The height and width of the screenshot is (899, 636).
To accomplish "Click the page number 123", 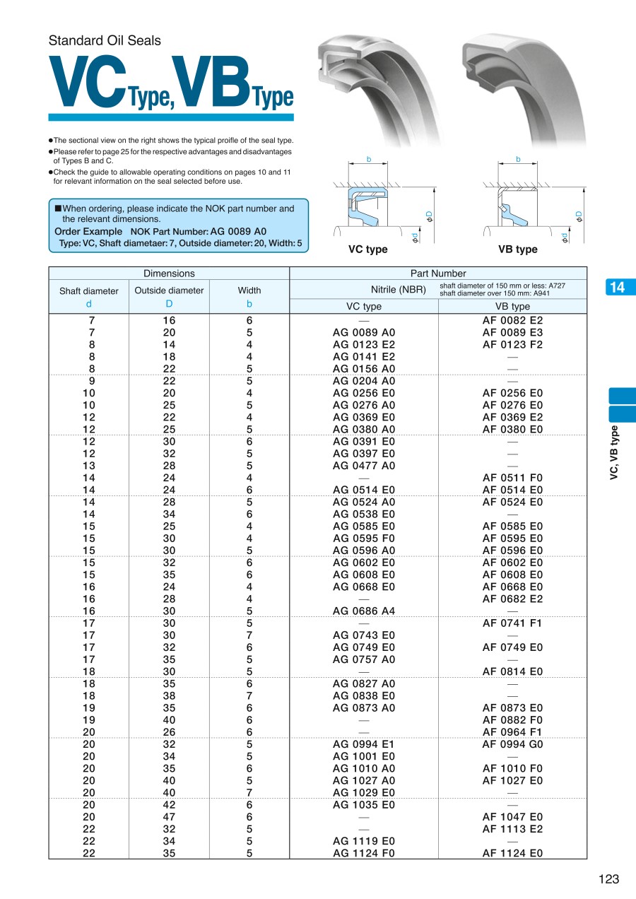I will [x=608, y=879].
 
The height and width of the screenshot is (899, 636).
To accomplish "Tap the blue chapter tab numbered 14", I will [x=617, y=287].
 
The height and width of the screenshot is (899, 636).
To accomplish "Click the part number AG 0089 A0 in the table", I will [x=364, y=333].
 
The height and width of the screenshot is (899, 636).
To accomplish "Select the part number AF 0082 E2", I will [x=512, y=321].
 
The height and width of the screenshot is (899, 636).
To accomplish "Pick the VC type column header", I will [x=364, y=307].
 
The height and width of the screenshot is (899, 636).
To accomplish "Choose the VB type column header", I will [x=512, y=307].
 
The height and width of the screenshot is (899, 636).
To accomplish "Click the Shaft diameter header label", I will [x=89, y=291].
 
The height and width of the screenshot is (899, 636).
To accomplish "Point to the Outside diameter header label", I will [x=169, y=290].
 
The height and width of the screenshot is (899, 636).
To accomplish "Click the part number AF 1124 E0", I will [x=512, y=853].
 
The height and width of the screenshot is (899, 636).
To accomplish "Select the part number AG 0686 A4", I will [x=364, y=611].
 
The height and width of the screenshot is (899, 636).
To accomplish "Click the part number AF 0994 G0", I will [x=512, y=744].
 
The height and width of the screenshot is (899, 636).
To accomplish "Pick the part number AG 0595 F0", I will [x=364, y=539].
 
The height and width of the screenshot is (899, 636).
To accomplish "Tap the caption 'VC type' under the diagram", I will [x=367, y=249].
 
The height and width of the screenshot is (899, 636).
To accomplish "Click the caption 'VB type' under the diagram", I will [x=517, y=249].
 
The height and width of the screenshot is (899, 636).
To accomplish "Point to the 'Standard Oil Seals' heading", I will [x=105, y=41].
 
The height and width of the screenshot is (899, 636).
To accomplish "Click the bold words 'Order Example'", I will [x=88, y=232].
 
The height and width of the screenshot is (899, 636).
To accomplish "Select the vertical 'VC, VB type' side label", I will [x=615, y=452].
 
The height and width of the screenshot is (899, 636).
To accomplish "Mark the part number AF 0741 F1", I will [x=512, y=623].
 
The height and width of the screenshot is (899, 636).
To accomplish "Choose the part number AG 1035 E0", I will [x=364, y=805].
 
